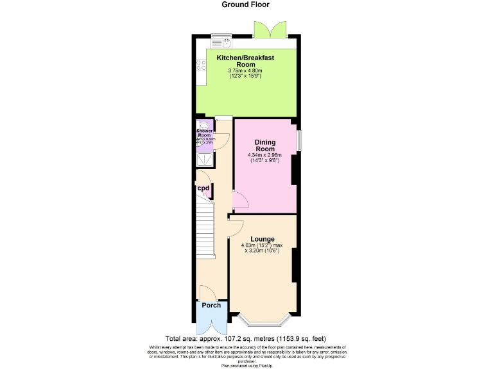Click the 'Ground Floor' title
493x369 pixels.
246,4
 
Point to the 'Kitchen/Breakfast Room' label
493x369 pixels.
245,61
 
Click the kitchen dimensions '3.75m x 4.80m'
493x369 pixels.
245,70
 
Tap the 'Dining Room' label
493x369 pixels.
265,145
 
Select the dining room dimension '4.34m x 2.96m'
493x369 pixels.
265,155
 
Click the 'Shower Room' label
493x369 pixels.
203,133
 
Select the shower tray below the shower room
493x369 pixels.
203,158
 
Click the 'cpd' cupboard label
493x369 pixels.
203,188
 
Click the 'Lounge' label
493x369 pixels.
263,239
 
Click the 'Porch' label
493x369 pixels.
211,306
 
